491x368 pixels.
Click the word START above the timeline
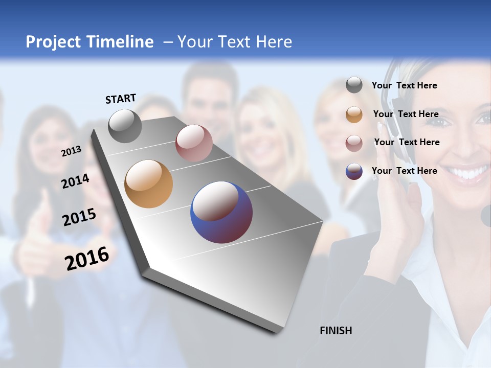pos(121,99)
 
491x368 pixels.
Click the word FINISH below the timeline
pos(336,331)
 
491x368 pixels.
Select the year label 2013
pos(71,151)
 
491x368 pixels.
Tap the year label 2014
pos(75,181)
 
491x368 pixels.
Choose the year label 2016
pos(87,258)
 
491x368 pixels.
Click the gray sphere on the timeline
pos(125,126)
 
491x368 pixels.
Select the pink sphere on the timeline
pos(194,143)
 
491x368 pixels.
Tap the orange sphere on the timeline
pos(148,184)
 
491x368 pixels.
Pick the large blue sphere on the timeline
pos(221,212)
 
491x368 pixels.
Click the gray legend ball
pos(354,85)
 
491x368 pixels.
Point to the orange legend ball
pos(354,114)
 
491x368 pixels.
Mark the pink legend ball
pos(354,143)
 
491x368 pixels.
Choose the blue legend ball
pos(354,171)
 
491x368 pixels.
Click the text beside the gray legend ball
pos(404,85)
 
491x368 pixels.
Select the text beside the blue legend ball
pos(404,171)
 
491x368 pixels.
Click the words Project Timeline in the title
pos(90,42)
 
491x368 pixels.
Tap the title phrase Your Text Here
pos(234,42)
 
